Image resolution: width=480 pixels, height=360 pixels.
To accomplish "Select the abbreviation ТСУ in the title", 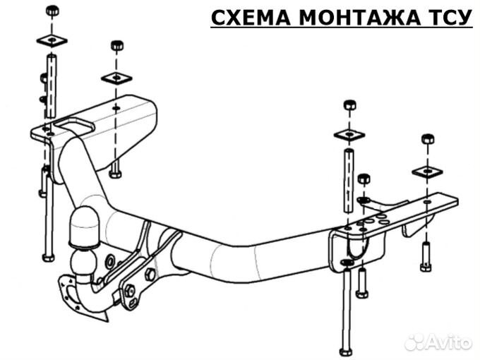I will [x=445, y=17].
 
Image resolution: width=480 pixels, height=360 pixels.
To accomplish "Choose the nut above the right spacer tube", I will [x=349, y=105].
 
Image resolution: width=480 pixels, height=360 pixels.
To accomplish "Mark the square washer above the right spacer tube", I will [x=349, y=133].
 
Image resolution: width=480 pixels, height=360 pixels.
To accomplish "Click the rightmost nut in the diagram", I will [x=427, y=138].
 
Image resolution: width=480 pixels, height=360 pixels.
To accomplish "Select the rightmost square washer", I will [x=426, y=170].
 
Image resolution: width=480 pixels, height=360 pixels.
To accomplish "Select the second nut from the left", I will [x=117, y=46].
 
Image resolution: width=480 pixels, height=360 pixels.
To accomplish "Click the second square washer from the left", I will [x=116, y=77].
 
